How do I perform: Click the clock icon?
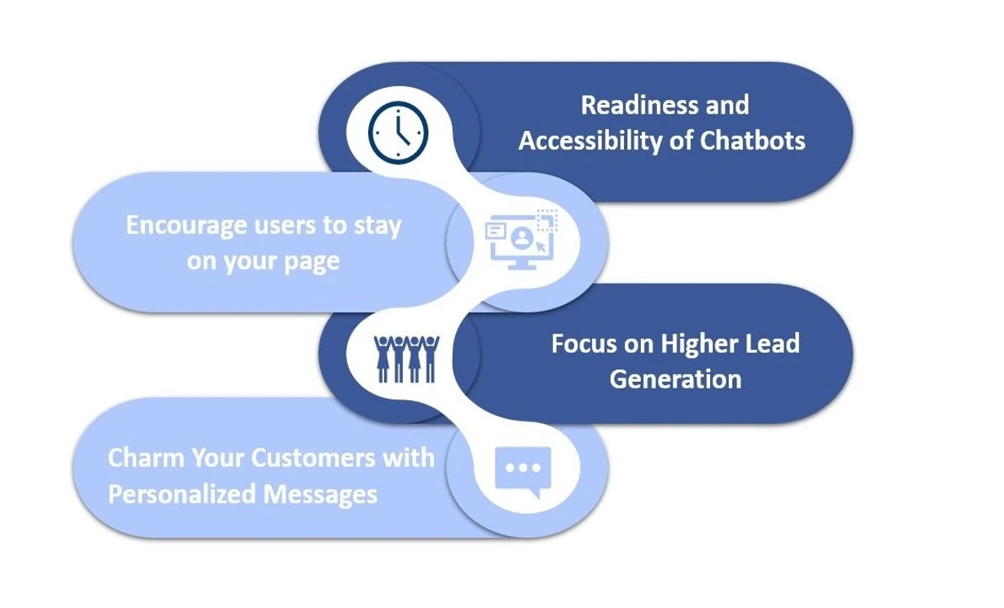click(x=399, y=133)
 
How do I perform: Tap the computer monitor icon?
click(x=521, y=239)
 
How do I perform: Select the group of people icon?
click(x=407, y=359)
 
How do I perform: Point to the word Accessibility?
click(x=590, y=141)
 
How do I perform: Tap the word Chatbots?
click(x=752, y=140)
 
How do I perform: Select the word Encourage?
click(x=187, y=226)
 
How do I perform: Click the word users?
click(x=285, y=226)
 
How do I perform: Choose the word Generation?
click(x=676, y=379)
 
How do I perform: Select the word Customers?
click(x=313, y=459)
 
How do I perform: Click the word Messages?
click(x=320, y=494)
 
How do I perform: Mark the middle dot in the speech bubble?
click(x=524, y=468)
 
